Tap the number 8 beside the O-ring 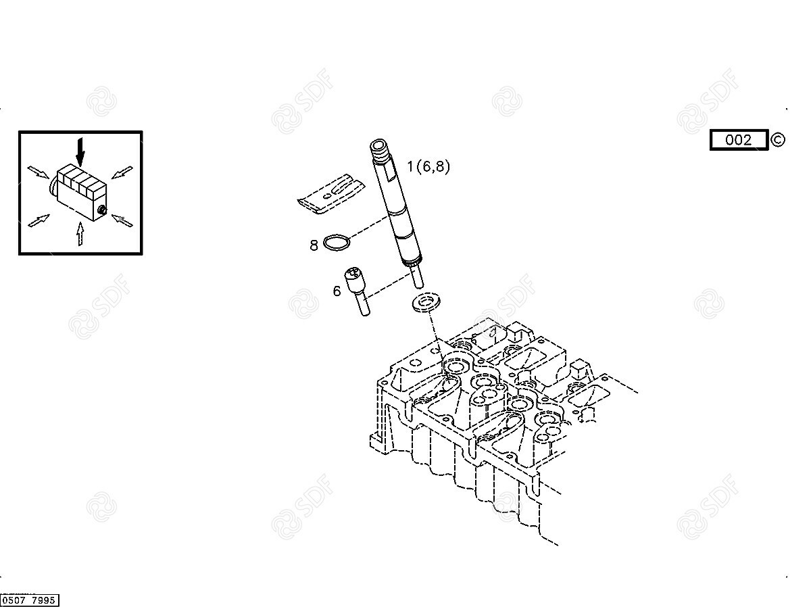point(314,245)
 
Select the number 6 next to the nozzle point(337,291)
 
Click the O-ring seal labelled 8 point(337,243)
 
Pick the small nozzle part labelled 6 point(357,291)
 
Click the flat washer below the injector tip point(426,302)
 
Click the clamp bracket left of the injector point(331,194)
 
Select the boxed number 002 point(738,140)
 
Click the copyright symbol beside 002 point(778,140)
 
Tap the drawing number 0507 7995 point(29,600)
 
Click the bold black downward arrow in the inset point(80,151)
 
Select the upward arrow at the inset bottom point(80,233)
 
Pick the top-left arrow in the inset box point(38,172)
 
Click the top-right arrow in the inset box point(122,172)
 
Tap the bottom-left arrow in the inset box point(39,220)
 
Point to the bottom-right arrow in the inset point(122,220)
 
